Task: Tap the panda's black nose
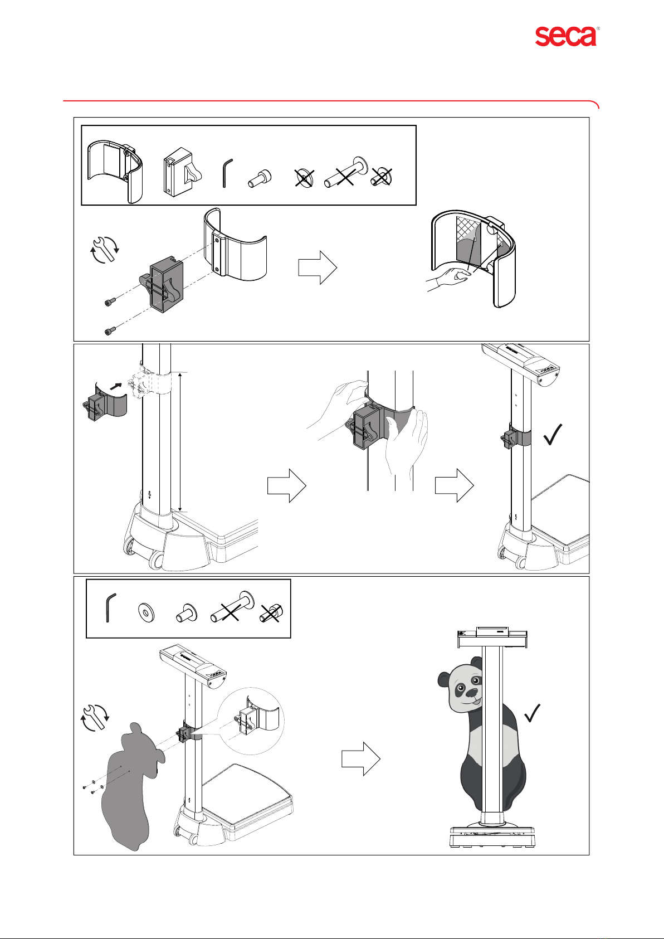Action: [x=471, y=693]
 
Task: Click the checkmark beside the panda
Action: [x=532, y=713]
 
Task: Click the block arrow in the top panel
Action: [x=317, y=267]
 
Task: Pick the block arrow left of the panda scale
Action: [x=360, y=758]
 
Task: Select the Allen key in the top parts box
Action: [x=226, y=173]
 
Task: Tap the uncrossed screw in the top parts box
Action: [x=258, y=178]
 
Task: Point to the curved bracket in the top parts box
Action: [x=116, y=171]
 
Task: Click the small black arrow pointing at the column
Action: [x=116, y=385]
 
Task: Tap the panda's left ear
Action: [x=446, y=679]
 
